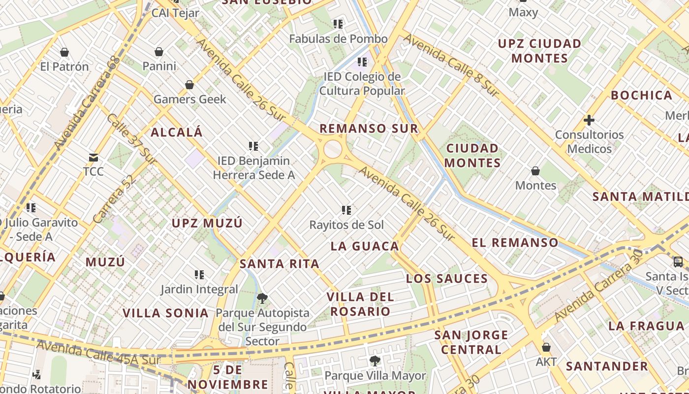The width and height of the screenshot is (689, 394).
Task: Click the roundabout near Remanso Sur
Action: [x=333, y=149]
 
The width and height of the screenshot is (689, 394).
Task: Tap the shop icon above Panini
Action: [x=159, y=52]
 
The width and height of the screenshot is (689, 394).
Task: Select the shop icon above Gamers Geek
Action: [x=189, y=85]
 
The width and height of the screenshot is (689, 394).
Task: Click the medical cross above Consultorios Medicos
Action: [x=589, y=120]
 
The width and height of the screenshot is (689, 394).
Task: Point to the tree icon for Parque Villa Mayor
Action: [x=375, y=361]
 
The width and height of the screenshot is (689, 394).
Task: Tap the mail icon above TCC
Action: [x=93, y=158]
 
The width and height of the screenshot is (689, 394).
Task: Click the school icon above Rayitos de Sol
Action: [x=346, y=210]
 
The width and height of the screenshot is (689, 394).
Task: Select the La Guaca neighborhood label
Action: [x=365, y=246]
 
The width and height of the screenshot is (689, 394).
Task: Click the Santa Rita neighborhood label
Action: [x=280, y=264]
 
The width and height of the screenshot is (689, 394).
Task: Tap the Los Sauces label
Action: [x=447, y=279]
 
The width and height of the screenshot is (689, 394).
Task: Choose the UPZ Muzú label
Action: [x=207, y=223]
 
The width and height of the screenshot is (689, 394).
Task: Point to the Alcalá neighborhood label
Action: [x=177, y=132]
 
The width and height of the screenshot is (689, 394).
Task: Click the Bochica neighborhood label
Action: [x=641, y=95]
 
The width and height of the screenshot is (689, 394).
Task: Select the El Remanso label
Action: [x=515, y=242]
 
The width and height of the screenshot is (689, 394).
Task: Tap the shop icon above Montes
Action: [x=535, y=171]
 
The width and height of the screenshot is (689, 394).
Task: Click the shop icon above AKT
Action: [x=546, y=347]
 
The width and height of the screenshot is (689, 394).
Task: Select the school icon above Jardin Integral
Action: [x=199, y=274]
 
